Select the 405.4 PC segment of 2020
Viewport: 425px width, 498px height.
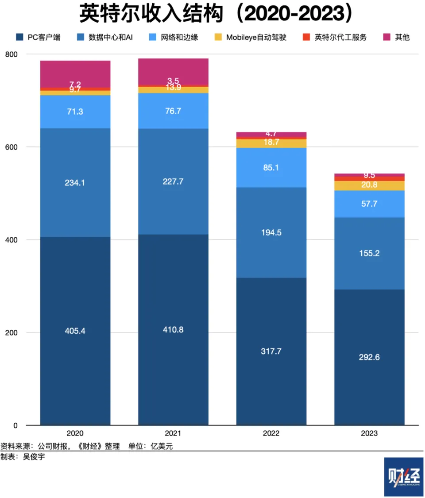point(75,331)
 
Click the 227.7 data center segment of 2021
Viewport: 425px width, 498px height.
point(173,181)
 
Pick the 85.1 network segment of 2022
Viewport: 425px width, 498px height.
point(271,167)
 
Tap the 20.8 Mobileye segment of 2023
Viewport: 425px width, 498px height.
point(369,185)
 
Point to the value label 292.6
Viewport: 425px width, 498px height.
point(369,357)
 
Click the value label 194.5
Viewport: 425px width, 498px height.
point(271,232)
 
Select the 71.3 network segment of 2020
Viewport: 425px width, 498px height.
point(75,112)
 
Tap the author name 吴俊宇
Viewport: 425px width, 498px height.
point(34,456)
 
